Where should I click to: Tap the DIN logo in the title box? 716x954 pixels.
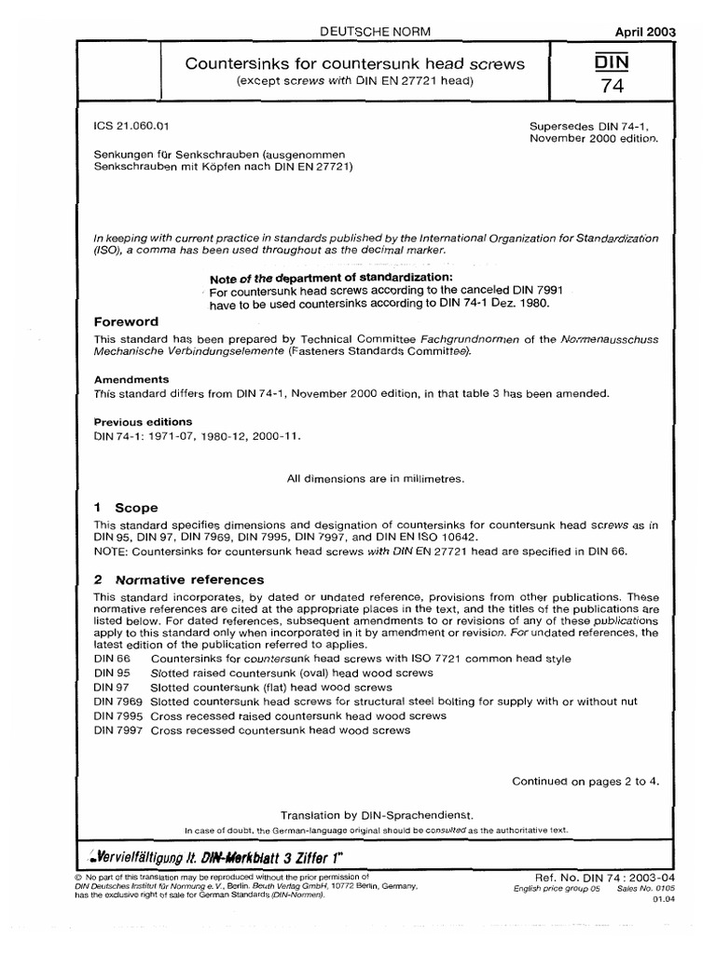[664, 61]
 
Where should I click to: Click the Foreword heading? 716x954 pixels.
[131, 320]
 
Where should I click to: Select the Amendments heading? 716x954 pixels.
[131, 380]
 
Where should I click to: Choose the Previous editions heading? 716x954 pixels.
[140, 421]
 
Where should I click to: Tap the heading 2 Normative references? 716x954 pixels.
[179, 579]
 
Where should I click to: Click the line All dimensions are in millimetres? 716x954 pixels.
[376, 478]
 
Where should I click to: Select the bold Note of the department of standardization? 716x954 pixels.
[333, 279]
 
